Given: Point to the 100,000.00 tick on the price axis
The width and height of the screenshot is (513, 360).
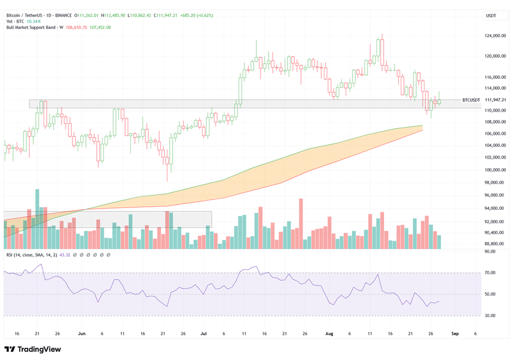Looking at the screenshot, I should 494,170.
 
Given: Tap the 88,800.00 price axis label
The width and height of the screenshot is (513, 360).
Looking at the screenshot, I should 494,244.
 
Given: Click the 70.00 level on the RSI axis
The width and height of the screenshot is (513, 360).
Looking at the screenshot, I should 491,273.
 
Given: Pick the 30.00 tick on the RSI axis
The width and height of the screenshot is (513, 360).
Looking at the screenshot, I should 491,315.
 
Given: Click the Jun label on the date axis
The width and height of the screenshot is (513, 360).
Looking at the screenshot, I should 81,334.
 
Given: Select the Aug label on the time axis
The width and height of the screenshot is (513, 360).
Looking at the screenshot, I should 329,334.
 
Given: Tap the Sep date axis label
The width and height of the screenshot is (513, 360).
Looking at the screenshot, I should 454,334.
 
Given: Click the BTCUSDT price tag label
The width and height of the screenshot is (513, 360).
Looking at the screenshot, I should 471,100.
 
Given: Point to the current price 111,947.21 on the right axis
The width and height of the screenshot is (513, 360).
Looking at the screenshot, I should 494,100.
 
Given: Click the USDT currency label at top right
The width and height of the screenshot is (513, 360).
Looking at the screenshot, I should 491,15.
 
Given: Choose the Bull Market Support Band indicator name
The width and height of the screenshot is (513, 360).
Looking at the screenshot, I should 31,27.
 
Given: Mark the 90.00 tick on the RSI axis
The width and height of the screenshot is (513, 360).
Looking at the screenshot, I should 491,252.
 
